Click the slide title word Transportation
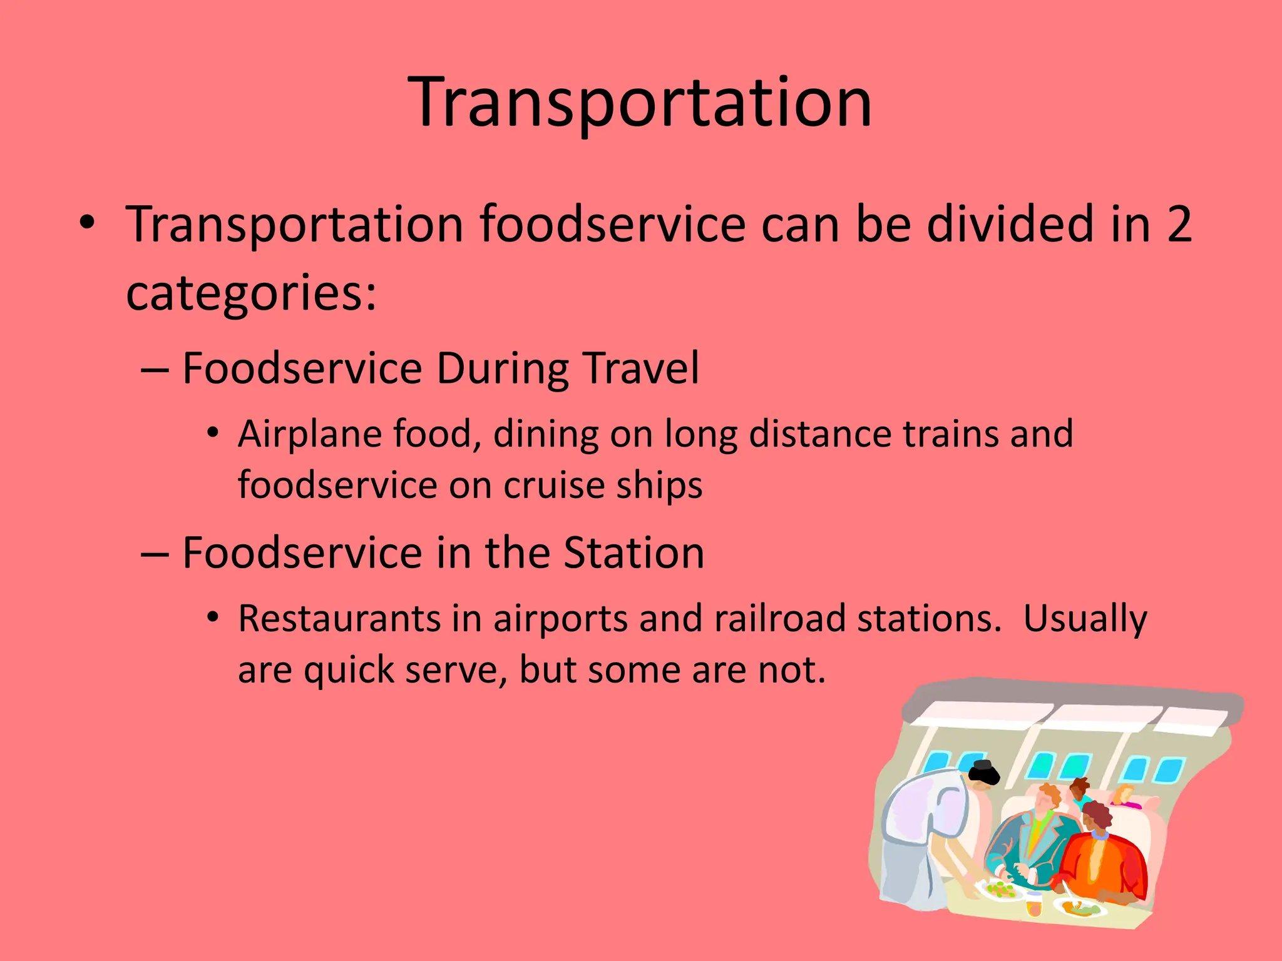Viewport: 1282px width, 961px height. point(640,102)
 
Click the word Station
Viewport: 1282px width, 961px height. point(633,553)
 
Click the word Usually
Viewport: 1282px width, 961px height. point(1085,619)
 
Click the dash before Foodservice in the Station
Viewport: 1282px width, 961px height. point(155,554)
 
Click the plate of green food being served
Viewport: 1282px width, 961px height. point(1000,889)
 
